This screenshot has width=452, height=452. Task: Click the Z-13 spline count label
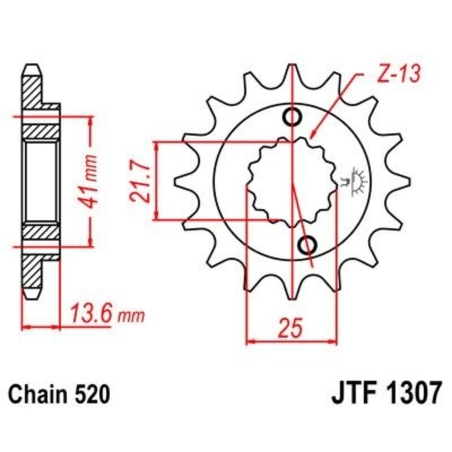(x=395, y=76)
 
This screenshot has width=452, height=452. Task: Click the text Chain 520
(x=58, y=394)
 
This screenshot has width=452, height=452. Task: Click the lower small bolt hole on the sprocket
(x=307, y=246)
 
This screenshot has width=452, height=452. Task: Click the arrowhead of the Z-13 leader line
(x=312, y=136)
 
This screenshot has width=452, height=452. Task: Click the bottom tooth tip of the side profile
(x=32, y=294)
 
